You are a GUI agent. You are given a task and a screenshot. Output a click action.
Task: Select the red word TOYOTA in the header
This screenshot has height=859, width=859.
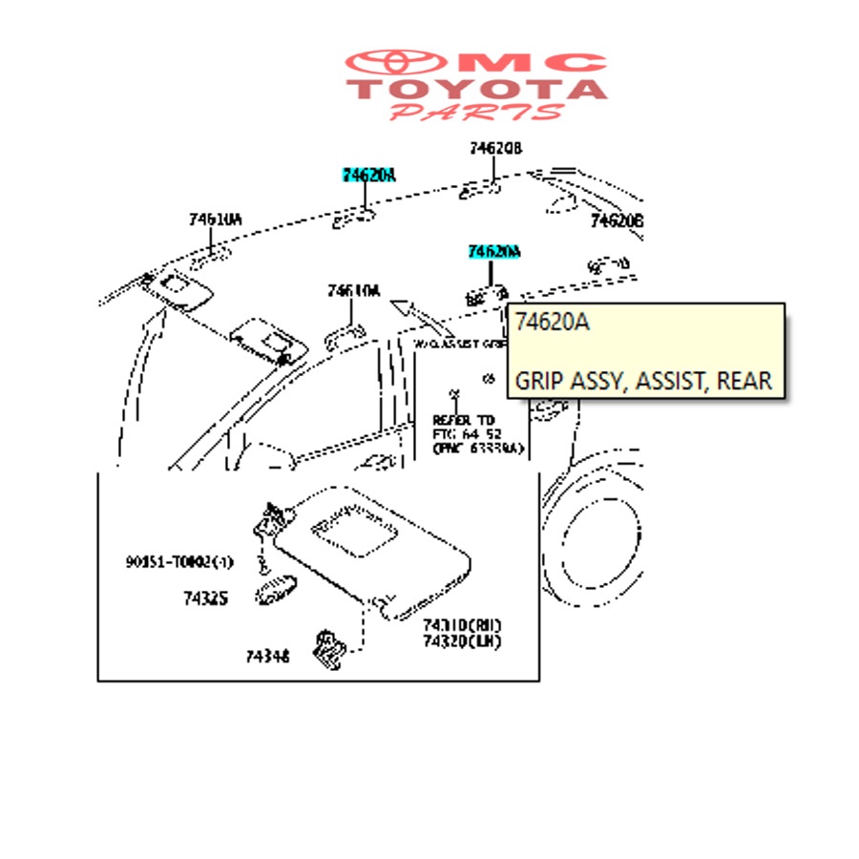(477, 90)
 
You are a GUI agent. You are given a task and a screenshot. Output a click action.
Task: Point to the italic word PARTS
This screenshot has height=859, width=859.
(477, 112)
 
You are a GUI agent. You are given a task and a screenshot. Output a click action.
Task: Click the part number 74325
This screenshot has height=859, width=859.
(206, 598)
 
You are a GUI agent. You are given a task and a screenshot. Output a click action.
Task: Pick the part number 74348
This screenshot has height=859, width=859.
(267, 656)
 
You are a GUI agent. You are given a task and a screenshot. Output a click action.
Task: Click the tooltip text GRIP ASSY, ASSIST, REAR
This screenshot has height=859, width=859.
(643, 381)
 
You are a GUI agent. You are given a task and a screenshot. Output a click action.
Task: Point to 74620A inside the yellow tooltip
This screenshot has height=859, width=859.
(553, 323)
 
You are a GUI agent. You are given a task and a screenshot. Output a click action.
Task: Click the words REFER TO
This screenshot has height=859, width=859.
(465, 419)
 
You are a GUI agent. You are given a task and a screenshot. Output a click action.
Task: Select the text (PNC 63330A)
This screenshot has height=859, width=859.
(477, 447)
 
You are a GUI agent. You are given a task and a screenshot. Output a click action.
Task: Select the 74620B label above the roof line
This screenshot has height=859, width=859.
(495, 149)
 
